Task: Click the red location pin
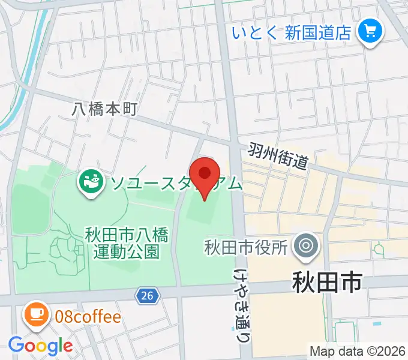(x=205, y=175)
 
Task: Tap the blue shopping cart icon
(x=370, y=31)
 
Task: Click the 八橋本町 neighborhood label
(x=105, y=109)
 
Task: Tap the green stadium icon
(x=92, y=182)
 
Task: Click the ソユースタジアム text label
(x=174, y=182)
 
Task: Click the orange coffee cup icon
(x=36, y=316)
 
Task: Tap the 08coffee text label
(x=88, y=316)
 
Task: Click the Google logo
(x=40, y=345)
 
